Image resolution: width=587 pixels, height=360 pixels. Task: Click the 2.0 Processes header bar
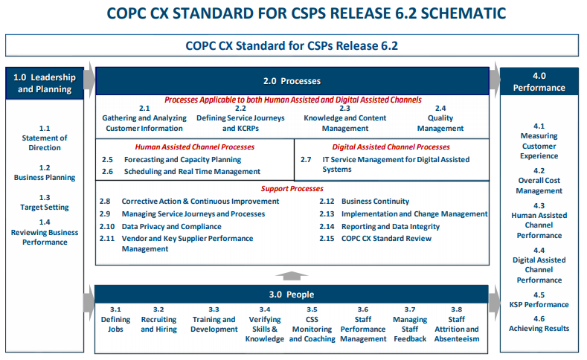click(292, 81)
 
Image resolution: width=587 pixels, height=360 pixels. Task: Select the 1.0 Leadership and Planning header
click(45, 83)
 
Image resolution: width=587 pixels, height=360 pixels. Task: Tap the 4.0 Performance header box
click(539, 82)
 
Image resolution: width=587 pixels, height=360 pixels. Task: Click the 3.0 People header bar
click(291, 294)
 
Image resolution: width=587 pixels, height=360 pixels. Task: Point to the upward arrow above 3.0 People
click(292, 276)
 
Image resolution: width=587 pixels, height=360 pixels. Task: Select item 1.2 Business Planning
click(45, 173)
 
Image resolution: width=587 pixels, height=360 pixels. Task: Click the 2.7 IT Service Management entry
click(385, 164)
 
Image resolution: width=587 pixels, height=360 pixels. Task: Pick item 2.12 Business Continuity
click(365, 202)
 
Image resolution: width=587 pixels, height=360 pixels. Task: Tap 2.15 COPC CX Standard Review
click(375, 238)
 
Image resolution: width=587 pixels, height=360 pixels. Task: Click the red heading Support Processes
click(292, 189)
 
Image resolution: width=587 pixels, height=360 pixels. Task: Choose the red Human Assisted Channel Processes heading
click(195, 147)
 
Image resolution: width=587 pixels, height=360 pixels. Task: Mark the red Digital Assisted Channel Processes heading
click(391, 147)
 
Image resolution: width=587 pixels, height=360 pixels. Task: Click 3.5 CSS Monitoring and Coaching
click(312, 324)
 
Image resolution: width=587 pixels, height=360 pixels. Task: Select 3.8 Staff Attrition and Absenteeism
click(456, 324)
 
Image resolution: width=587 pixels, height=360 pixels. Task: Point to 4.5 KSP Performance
click(539, 300)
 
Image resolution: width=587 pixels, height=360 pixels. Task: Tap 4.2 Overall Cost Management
click(539, 181)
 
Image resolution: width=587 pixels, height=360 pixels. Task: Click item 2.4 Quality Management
click(440, 118)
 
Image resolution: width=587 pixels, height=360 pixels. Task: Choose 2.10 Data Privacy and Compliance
click(160, 226)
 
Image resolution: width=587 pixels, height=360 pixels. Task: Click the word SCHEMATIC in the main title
click(463, 13)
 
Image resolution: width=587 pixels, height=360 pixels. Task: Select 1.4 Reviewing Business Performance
click(45, 232)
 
